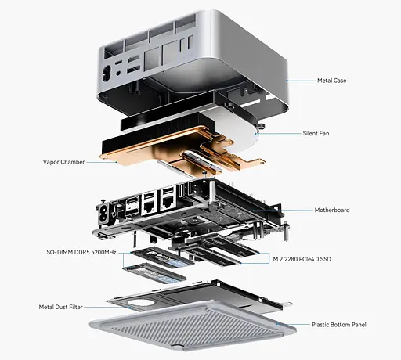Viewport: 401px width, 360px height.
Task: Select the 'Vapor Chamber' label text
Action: (64, 163)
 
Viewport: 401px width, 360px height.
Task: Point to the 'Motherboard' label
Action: (332, 210)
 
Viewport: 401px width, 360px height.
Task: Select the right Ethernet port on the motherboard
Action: (167, 200)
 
